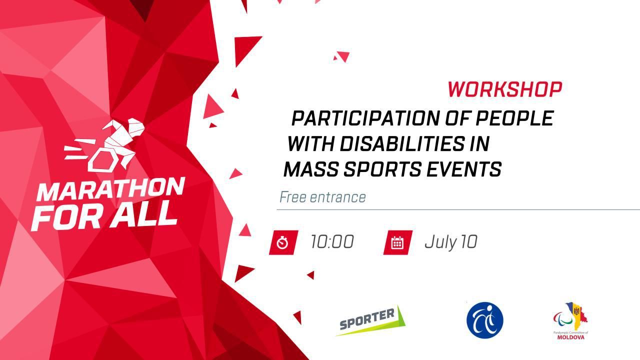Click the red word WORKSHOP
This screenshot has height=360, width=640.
click(505, 89)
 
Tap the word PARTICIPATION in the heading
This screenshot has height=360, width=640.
click(365, 118)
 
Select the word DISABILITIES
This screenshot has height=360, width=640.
click(402, 143)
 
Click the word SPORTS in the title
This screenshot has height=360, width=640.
click(382, 169)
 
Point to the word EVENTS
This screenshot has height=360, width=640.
click(463, 169)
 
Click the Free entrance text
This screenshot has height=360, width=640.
click(322, 197)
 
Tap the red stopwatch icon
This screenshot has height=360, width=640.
click(283, 242)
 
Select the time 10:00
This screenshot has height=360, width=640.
click(332, 241)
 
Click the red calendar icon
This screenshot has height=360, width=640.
click(397, 242)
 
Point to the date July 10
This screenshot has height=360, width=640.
click(451, 242)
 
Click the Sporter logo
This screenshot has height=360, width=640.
click(370, 320)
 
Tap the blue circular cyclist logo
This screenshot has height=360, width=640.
click(485, 320)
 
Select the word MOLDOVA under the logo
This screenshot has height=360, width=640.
click(571, 337)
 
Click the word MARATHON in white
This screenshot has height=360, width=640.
click(111, 189)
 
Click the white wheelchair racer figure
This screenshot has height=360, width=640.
click(105, 145)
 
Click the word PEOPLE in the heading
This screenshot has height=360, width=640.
click(514, 118)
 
